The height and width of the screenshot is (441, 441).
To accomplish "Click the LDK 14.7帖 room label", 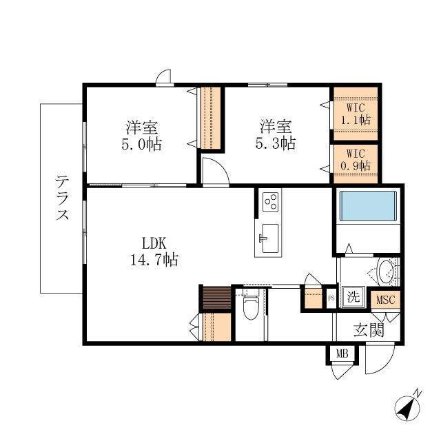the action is [x=154, y=252].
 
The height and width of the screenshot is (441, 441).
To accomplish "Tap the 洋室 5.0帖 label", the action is [x=142, y=136].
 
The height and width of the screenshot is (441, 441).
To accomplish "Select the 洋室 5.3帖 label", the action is [x=276, y=135].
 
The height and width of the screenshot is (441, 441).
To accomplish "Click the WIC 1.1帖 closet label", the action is [x=356, y=114].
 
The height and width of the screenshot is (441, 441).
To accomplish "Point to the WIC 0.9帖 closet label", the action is [x=356, y=160].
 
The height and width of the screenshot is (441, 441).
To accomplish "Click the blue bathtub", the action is [x=368, y=206].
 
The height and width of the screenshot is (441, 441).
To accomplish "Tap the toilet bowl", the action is [x=251, y=307].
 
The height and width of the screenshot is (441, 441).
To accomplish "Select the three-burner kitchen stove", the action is [x=270, y=202].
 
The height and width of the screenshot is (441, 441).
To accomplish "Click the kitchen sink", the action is [x=269, y=238].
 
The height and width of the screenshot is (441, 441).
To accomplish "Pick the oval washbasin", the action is [x=385, y=271].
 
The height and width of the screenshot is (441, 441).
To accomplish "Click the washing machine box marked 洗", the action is [x=353, y=297].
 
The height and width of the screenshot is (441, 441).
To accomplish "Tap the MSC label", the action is [x=386, y=300].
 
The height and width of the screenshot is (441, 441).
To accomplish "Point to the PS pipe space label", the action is [x=331, y=298].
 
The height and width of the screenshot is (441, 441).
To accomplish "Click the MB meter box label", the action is [x=342, y=353].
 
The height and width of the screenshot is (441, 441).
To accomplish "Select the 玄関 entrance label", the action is [x=369, y=330].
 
